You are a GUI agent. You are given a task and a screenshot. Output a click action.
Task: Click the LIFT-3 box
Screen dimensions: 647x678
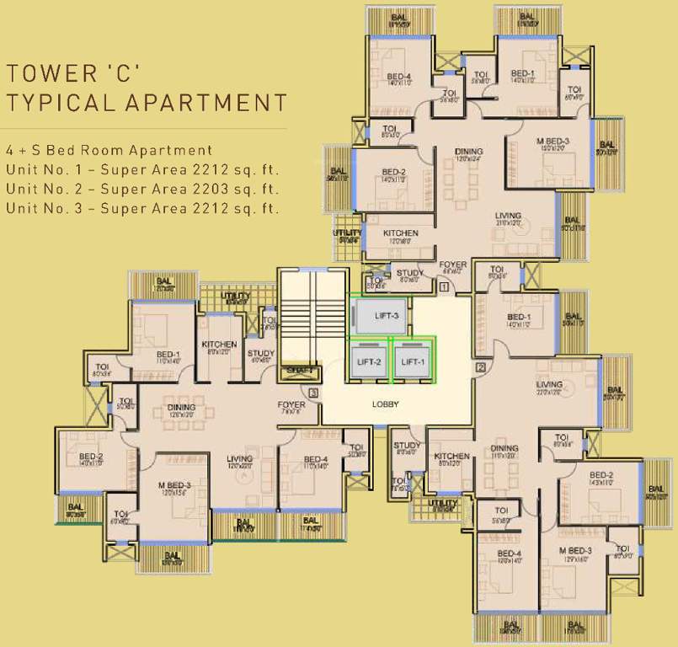[380, 316]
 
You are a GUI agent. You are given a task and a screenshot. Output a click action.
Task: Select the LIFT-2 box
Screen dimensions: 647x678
[367, 361]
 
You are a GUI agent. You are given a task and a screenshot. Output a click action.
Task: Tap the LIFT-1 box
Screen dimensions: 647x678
[413, 361]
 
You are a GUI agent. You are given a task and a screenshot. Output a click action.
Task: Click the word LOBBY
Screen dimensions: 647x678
[385, 404]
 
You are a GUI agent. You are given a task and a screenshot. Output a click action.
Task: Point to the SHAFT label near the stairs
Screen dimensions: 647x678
[299, 370]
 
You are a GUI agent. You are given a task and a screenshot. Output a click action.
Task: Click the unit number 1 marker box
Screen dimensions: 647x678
[444, 287]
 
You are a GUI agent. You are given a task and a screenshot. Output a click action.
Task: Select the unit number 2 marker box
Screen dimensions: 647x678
[481, 366]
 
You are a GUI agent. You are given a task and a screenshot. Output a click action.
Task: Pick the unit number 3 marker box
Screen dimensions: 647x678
[313, 393]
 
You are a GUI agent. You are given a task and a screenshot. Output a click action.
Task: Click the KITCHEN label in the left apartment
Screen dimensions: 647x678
[219, 345]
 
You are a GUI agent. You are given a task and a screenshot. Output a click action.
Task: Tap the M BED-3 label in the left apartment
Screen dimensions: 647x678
[174, 485]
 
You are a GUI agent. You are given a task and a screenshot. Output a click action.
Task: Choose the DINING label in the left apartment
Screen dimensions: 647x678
[181, 408]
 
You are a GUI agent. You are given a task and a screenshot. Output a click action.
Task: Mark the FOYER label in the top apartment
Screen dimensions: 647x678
[452, 265]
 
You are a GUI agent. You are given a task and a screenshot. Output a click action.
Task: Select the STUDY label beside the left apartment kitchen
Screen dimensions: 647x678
[261, 354]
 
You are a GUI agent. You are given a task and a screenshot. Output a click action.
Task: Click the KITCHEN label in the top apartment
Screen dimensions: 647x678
[400, 233]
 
